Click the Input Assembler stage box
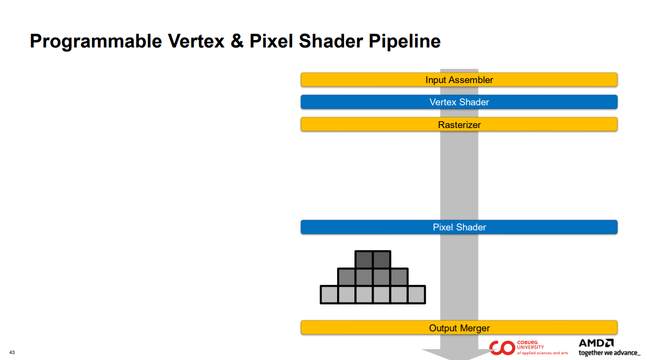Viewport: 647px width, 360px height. tap(459, 80)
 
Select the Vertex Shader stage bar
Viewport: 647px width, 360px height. tap(459, 102)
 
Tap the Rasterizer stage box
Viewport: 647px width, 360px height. tap(459, 125)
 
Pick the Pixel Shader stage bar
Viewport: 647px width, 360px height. tap(459, 227)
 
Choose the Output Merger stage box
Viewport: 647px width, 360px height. tap(459, 328)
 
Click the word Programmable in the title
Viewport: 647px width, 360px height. tap(96, 42)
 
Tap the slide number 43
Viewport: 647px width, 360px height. tap(12, 353)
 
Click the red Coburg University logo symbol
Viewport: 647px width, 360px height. tap(502, 348)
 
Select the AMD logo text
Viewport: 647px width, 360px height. tap(596, 343)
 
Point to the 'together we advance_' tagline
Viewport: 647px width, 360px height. tap(608, 353)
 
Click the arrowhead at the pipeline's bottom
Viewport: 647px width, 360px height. tap(459, 355)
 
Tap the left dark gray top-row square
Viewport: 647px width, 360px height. tap(364, 260)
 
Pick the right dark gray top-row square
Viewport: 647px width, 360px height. tap(382, 260)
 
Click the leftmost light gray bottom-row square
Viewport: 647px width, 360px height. tap(329, 295)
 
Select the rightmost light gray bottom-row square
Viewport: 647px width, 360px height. tap(416, 295)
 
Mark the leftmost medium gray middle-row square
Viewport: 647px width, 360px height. tap(346, 277)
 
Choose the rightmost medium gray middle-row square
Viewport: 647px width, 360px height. tap(399, 277)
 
